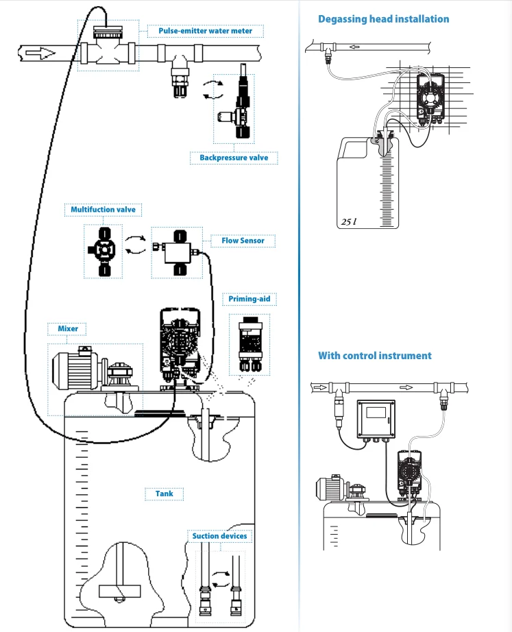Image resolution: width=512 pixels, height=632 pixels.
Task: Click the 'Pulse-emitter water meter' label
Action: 205,31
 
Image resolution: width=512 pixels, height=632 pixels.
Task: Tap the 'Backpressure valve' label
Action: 234,158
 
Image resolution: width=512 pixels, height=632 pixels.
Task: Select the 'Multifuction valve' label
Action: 103,210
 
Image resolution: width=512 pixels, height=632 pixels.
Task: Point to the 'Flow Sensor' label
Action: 243,241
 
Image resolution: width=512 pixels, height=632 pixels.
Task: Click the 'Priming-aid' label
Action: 249,299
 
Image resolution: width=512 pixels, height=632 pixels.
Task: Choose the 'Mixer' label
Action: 68,328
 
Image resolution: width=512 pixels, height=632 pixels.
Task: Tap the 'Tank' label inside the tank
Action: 164,494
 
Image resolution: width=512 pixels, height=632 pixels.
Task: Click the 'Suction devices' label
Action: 219,536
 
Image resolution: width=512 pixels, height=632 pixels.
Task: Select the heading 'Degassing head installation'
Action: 383,19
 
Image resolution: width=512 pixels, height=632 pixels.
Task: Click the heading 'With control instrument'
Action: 374,356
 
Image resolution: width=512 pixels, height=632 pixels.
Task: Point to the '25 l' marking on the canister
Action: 349,221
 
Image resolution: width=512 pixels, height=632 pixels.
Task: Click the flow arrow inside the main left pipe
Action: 40,53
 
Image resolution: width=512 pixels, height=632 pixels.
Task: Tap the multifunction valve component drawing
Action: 103,251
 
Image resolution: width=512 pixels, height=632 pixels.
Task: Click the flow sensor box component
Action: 177,253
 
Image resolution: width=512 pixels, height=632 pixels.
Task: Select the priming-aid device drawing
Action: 250,344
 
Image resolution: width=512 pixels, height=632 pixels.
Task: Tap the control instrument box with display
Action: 376,419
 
